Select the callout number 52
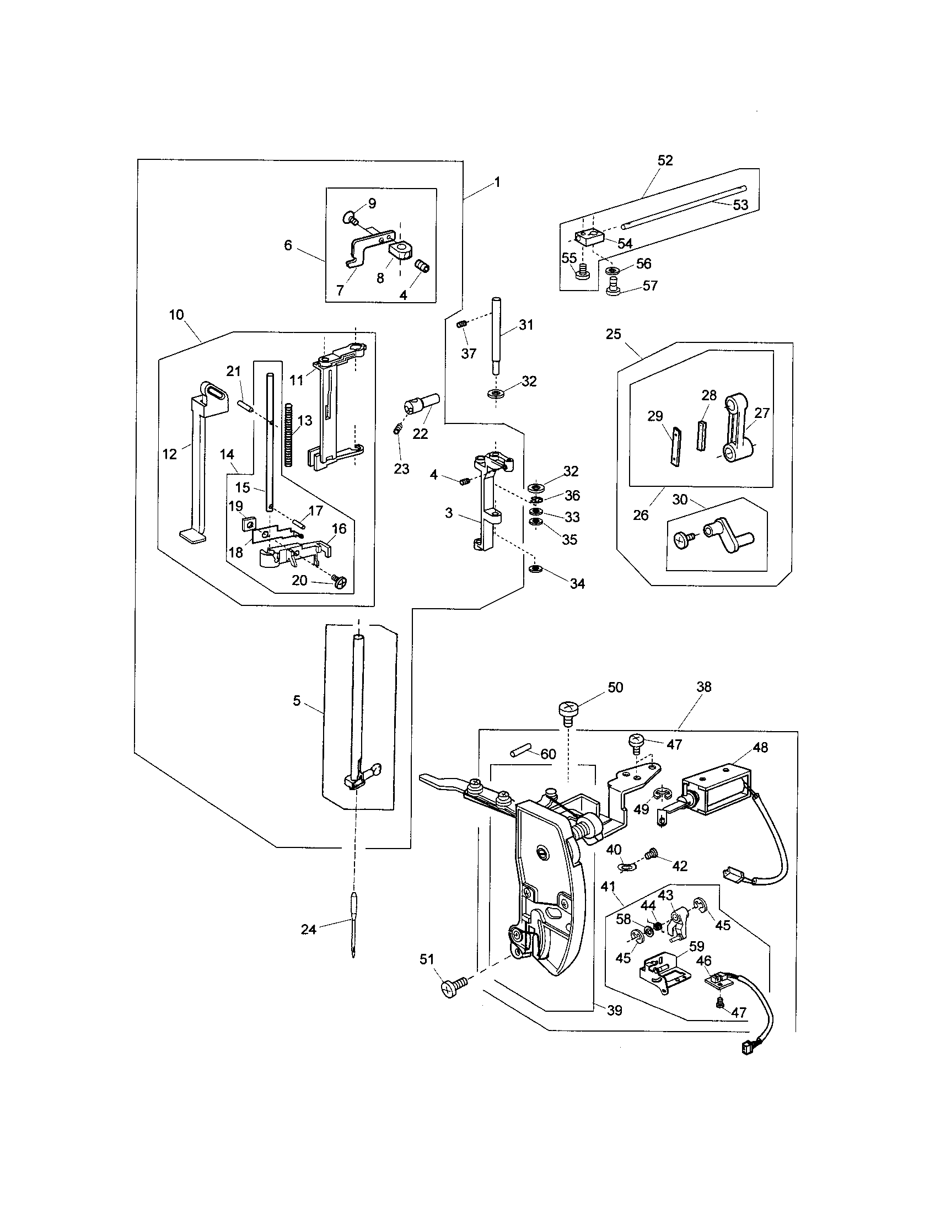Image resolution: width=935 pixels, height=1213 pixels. pos(665,160)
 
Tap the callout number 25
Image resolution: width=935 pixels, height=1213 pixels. pos(614,334)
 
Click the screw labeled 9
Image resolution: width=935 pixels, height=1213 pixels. pos(350,218)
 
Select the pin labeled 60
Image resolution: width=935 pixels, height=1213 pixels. pos(518,754)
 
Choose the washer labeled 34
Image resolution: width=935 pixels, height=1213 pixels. pos(536,570)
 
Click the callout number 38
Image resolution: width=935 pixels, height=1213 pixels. pos(703,687)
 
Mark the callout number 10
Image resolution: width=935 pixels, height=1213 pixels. pos(176,315)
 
